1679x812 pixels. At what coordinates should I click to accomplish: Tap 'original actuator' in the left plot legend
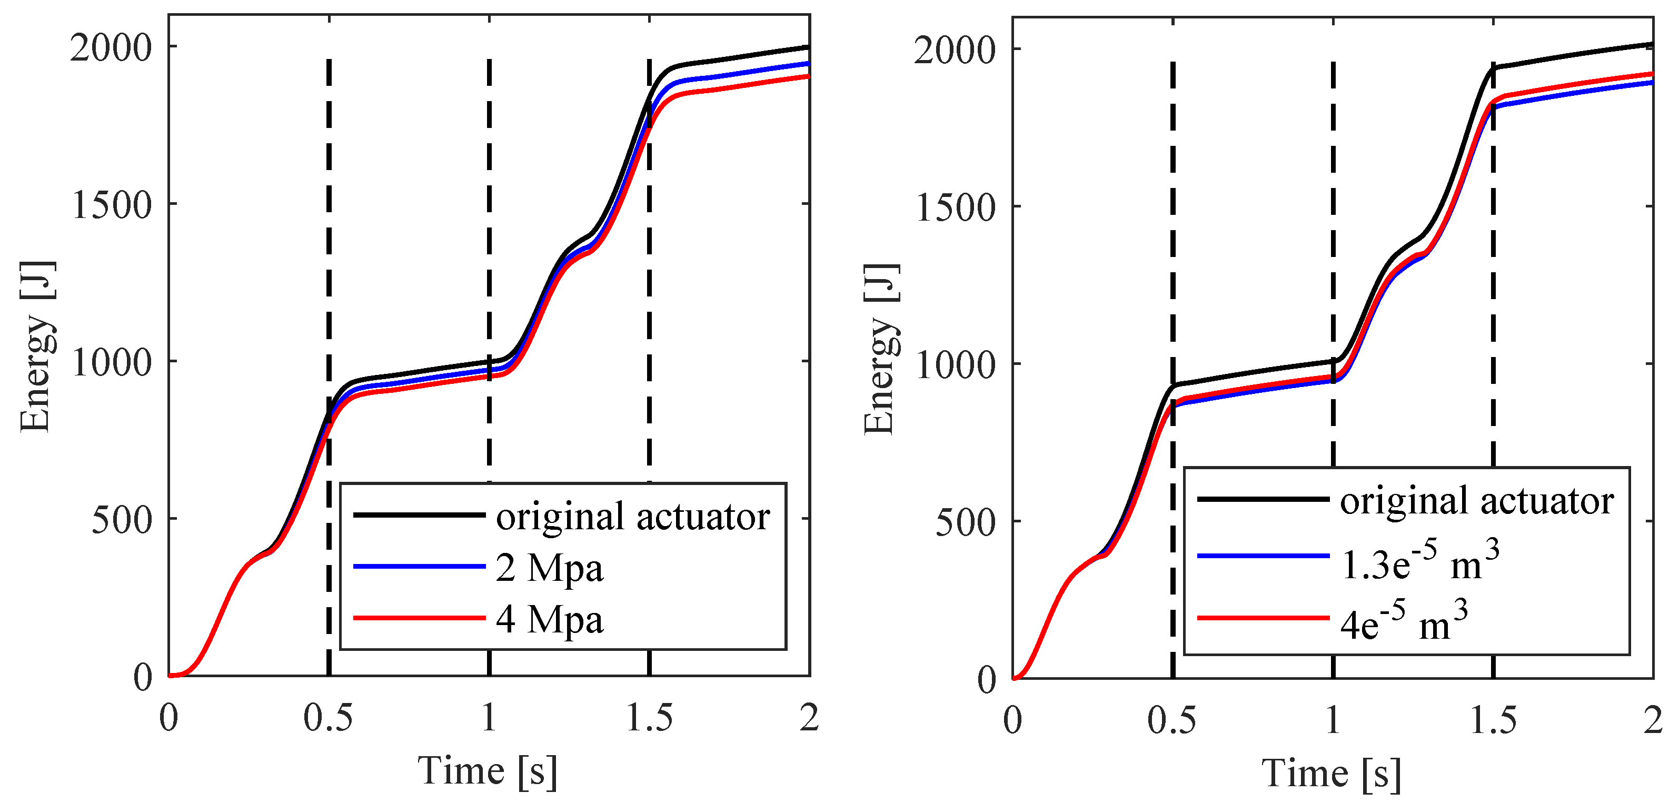click(x=632, y=517)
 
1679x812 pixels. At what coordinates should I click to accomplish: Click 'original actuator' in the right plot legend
click(x=1476, y=501)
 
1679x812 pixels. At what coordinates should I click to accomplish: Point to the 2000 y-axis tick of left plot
click(x=111, y=47)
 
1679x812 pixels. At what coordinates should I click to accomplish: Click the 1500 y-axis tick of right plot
click(x=955, y=208)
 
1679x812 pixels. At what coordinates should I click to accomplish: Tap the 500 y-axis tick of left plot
click(x=121, y=519)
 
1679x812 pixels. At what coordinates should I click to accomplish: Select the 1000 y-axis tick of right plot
click(x=955, y=365)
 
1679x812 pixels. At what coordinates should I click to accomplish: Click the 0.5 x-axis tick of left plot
click(x=328, y=718)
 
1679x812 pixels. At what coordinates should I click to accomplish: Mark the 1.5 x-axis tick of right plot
click(x=1493, y=721)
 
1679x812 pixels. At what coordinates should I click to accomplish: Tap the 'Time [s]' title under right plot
click(x=1332, y=774)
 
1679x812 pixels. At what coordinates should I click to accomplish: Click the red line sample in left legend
click(x=419, y=618)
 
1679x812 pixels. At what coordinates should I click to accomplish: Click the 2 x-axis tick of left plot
click(x=809, y=718)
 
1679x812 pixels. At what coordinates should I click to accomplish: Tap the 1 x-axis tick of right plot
click(x=1333, y=721)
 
